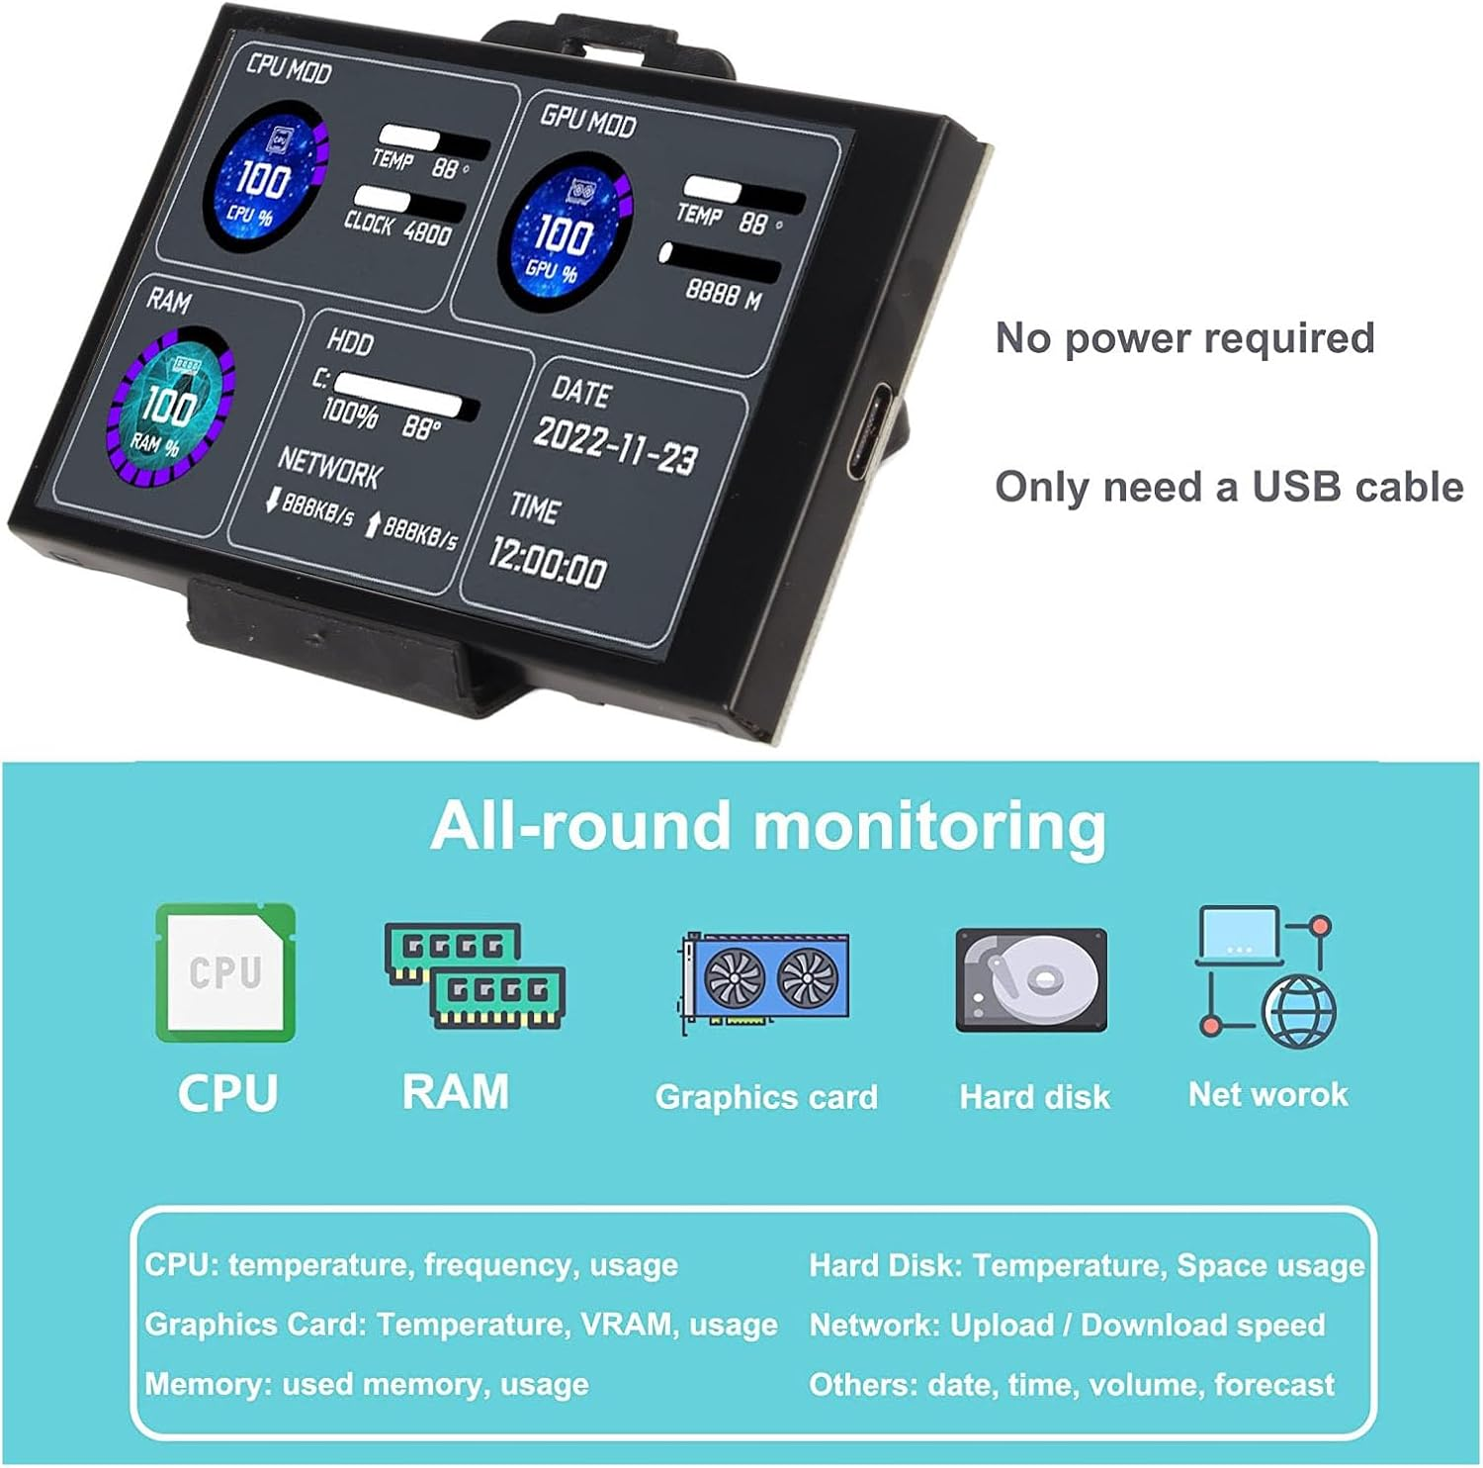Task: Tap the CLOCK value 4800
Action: (x=426, y=233)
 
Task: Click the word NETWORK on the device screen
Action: (x=329, y=467)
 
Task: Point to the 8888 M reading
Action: (x=723, y=293)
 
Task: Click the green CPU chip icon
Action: (x=225, y=972)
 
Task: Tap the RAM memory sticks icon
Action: (x=475, y=975)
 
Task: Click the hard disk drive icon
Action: (x=1031, y=980)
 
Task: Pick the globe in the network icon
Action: (x=1301, y=1011)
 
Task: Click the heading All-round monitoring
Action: (x=768, y=826)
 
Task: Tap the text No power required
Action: (x=1184, y=338)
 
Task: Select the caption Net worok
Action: (x=1267, y=1094)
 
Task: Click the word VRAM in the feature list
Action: (x=623, y=1325)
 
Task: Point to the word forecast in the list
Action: (x=1273, y=1384)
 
